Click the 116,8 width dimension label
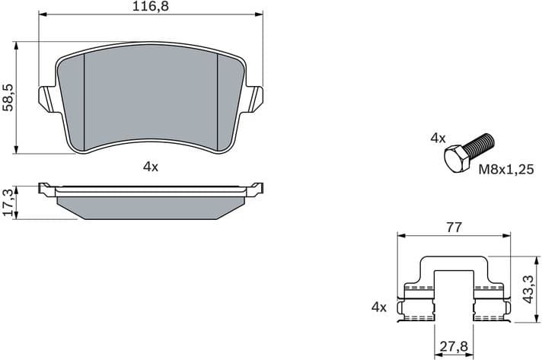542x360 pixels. tap(151, 7)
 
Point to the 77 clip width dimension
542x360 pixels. tap(454, 227)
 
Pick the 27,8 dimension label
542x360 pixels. tap(454, 348)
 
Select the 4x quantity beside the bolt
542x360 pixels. tap(437, 138)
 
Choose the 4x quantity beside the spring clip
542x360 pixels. tap(378, 307)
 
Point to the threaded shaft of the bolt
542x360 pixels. tap(481, 144)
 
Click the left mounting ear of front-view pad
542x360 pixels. tap(46, 98)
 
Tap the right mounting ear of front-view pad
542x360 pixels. tap(255, 98)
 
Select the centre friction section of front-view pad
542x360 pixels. tap(151, 95)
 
